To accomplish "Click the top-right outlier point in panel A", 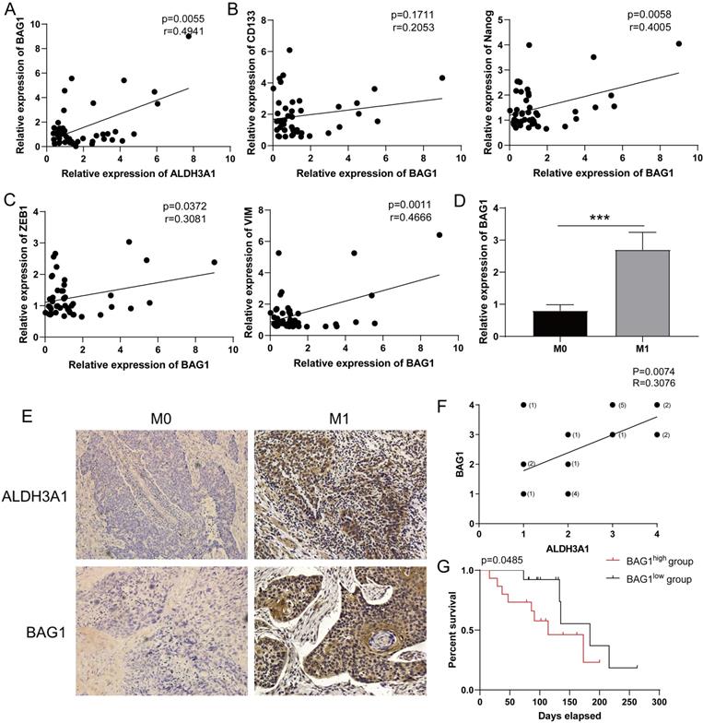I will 188,36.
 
